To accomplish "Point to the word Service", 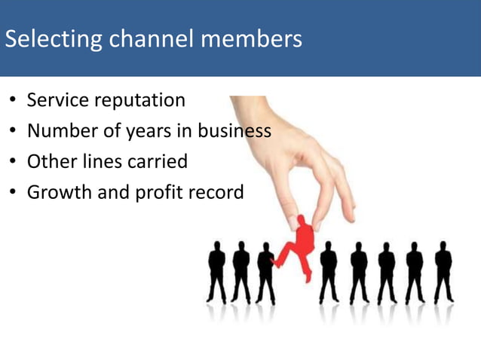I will click(x=56, y=100).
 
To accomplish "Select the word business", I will click(x=234, y=131).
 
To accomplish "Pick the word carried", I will click(x=158, y=162).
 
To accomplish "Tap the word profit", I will click(x=158, y=193).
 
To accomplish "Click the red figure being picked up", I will click(x=299, y=245).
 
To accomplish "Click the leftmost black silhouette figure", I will click(x=217, y=271).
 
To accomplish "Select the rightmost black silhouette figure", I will click(x=443, y=271).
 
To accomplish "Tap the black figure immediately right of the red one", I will click(x=329, y=271).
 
